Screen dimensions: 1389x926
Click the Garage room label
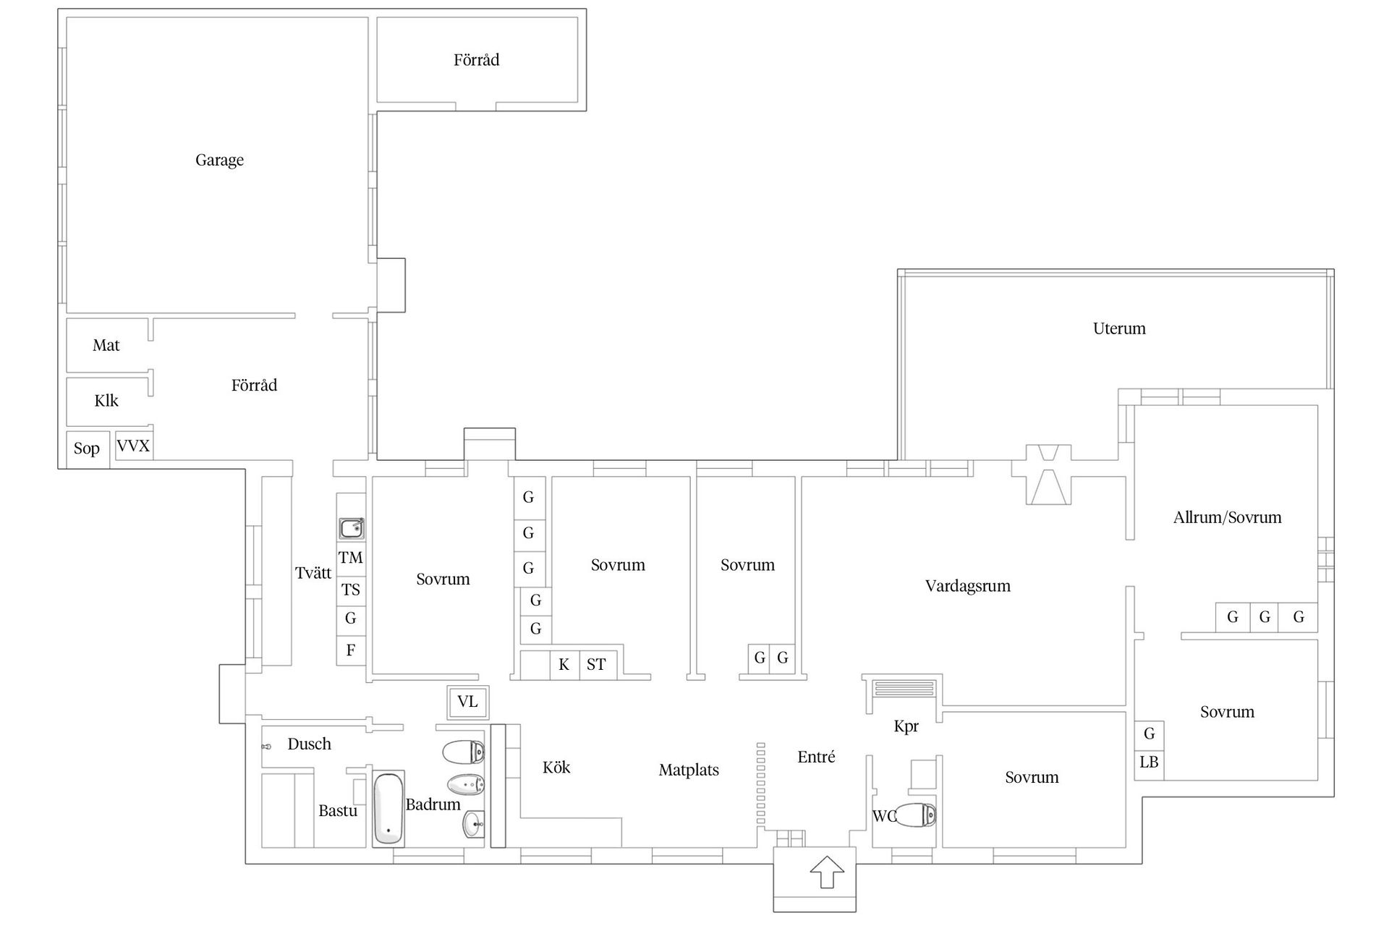pos(219,160)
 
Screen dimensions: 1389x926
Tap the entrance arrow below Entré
pos(828,872)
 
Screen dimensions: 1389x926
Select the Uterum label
pos(1119,328)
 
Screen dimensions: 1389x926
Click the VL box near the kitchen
pos(467,702)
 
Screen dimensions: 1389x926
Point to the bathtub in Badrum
pos(388,809)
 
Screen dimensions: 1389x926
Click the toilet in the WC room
pos(916,815)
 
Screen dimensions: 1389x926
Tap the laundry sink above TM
pos(352,529)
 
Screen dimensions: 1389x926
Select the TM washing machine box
pos(351,558)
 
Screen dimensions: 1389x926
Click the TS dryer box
pos(351,590)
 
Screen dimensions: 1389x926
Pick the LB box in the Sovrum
pos(1149,763)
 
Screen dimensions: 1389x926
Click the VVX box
pos(134,446)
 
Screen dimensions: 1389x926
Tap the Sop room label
pos(86,449)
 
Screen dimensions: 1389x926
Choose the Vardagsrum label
pos(967,586)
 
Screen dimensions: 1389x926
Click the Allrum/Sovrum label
pos(1227,517)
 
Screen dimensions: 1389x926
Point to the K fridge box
pos(564,665)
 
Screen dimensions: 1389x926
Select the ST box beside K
pos(596,665)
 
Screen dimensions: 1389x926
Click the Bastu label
pos(338,811)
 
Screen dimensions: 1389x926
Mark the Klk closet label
pos(106,401)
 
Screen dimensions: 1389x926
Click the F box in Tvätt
pos(351,650)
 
